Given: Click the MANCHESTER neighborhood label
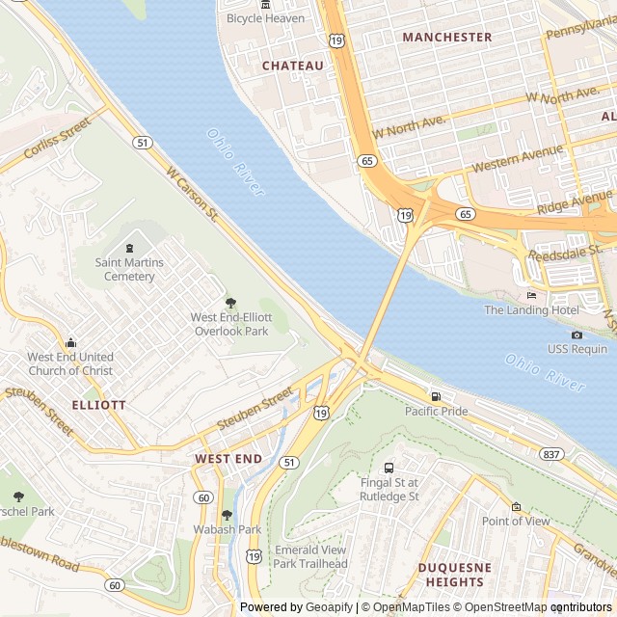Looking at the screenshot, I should [446, 37].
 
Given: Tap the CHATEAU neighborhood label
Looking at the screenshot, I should [293, 66].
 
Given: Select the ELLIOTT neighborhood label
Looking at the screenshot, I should [98, 405].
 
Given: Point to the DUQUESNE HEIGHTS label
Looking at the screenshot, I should [454, 576].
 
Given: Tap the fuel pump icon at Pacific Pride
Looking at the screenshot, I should [436, 396].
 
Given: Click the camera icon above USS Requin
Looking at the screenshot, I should [577, 335].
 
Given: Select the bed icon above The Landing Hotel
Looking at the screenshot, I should [531, 295].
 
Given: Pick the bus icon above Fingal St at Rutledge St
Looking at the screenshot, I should [389, 468].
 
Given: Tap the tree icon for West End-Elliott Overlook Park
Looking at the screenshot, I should [229, 303].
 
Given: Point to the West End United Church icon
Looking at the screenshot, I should [70, 342].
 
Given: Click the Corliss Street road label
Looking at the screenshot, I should [57, 138].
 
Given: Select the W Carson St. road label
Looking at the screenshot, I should [193, 196].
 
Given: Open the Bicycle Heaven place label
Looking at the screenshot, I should [265, 18].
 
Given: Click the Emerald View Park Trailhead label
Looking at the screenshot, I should [310, 556].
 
